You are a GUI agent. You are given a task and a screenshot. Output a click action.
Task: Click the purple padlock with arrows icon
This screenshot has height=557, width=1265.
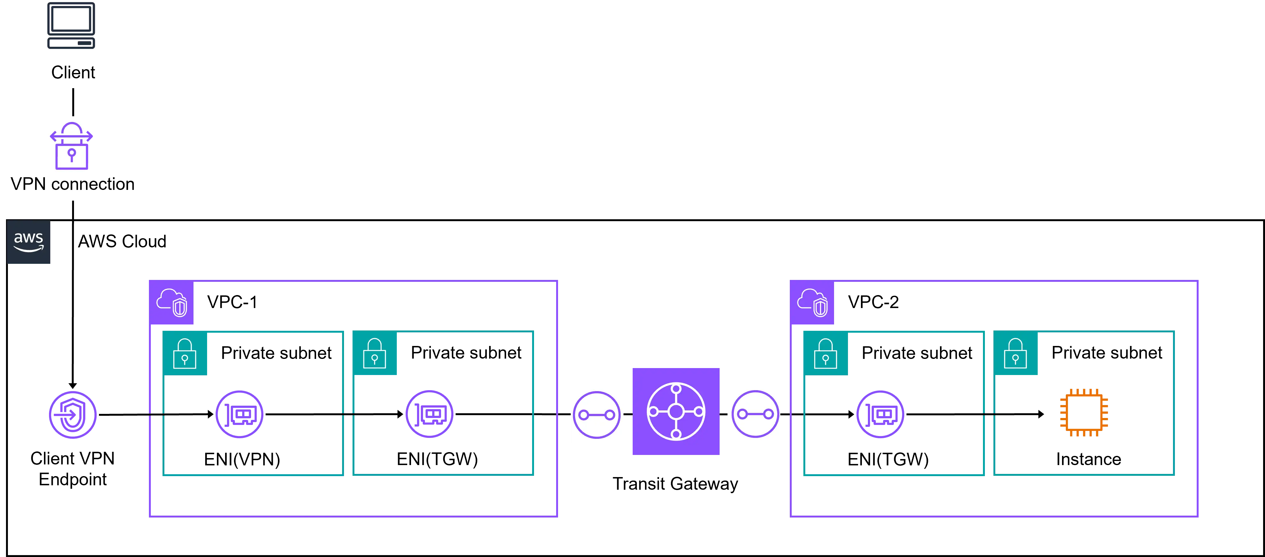(71, 146)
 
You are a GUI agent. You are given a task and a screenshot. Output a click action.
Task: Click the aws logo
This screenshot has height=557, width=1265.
(28, 242)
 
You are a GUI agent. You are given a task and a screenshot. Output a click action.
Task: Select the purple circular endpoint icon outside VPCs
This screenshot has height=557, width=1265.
(73, 415)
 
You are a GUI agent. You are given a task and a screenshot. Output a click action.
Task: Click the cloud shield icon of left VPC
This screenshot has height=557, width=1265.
(171, 302)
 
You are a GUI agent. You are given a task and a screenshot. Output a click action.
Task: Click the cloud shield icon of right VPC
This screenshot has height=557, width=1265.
(812, 302)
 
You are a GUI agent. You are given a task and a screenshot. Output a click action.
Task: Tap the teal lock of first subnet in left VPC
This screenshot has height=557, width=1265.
(185, 354)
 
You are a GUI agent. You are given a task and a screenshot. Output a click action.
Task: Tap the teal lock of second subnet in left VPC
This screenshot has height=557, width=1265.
(375, 354)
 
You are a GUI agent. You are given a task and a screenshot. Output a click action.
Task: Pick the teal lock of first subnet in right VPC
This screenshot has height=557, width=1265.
(826, 354)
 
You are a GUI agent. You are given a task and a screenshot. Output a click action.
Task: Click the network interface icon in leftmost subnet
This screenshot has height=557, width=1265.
(240, 415)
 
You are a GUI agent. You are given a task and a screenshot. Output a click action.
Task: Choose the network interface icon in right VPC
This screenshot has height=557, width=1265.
(880, 415)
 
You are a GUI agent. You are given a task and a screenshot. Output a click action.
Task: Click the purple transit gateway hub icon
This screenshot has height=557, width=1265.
(676, 411)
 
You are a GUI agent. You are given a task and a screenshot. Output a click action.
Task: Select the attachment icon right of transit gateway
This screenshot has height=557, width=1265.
(755, 415)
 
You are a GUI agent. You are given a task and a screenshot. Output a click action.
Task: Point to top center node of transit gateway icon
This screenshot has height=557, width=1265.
(676, 389)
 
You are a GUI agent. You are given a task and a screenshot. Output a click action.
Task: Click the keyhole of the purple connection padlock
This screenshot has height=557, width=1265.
(72, 154)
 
